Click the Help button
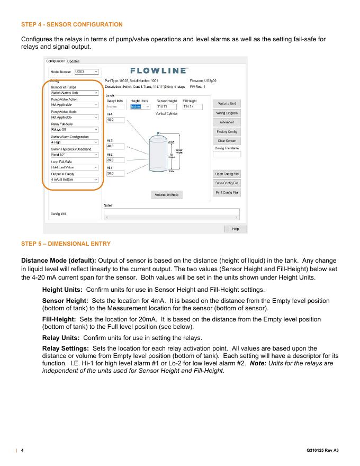[236, 229]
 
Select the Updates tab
[73, 61]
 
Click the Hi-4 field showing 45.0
[115, 120]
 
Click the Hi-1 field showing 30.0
[115, 173]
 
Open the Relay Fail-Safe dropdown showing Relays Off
[71, 129]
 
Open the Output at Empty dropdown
[71, 180]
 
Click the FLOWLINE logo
[158, 70]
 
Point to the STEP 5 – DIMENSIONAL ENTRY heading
[66, 244]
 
